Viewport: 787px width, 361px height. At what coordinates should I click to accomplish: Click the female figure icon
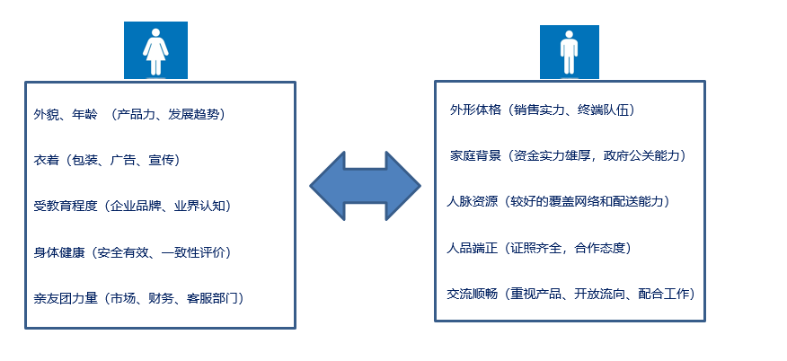[x=155, y=51]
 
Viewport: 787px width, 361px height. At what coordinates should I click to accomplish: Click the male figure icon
[x=568, y=52]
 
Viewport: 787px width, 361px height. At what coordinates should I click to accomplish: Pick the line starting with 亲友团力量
[x=138, y=297]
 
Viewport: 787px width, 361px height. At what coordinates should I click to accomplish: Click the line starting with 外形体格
[x=542, y=110]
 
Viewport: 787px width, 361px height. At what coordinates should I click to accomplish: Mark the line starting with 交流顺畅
[x=570, y=293]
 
